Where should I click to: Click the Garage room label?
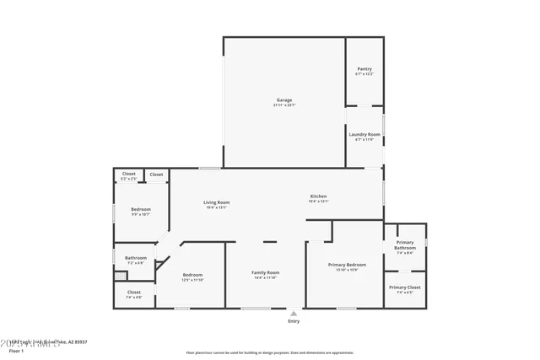point(284,100)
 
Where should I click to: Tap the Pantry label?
point(364,69)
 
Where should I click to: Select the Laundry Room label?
point(364,134)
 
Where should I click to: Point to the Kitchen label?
point(318,196)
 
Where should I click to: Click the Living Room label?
point(216,202)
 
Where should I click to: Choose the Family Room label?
point(266,272)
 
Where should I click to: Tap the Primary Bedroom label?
point(347,265)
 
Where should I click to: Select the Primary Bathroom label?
point(405,245)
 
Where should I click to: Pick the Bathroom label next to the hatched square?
point(136,258)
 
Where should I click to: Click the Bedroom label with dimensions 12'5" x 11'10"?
point(193,275)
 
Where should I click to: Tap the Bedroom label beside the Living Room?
point(140,209)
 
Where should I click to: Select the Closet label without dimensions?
point(157,175)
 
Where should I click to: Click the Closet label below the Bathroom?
point(134,293)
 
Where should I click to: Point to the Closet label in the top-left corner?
point(128,174)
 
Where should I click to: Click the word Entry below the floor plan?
point(294,321)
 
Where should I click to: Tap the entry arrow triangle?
point(294,313)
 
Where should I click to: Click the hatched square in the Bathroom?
point(119,275)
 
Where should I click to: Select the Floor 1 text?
point(16,350)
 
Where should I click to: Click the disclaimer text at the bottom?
point(269,352)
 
